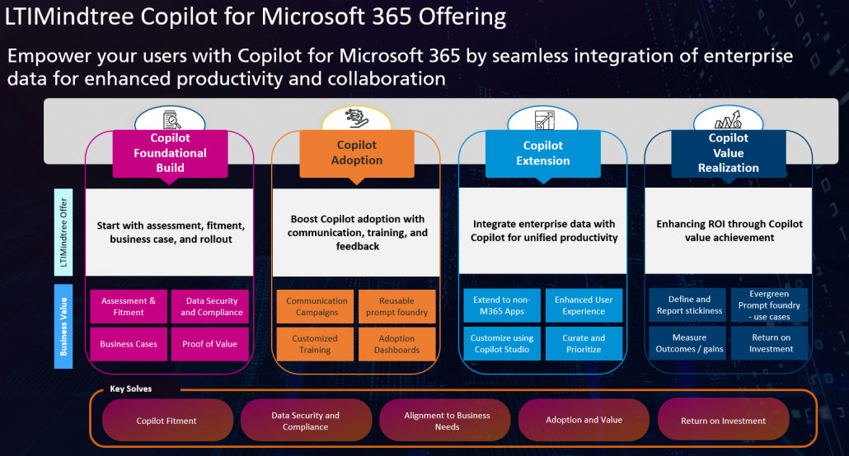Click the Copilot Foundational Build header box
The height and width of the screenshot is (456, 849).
[x=170, y=153]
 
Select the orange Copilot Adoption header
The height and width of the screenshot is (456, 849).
[x=356, y=153]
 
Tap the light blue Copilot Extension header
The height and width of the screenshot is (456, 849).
[x=542, y=153]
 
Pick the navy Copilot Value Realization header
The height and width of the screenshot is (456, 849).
[x=728, y=152]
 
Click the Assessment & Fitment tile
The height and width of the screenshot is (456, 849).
[x=129, y=306]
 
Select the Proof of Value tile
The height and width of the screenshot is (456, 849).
[x=209, y=344]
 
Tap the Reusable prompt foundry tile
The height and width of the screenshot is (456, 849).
[x=396, y=306]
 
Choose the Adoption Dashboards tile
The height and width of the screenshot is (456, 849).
[x=396, y=344]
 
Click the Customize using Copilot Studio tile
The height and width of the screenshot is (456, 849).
[x=502, y=343]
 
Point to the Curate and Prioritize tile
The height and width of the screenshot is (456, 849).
[x=584, y=343]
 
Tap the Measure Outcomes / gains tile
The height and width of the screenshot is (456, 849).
[x=689, y=343]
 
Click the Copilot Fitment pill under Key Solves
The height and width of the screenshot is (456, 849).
[x=167, y=421]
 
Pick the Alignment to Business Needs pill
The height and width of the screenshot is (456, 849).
[x=447, y=421]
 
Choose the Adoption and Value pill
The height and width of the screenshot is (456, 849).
[x=584, y=420]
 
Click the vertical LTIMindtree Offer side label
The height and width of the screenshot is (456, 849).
[x=65, y=232]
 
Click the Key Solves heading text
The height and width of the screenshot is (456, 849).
[x=130, y=389]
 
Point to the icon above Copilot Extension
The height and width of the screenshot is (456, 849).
[x=542, y=121]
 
